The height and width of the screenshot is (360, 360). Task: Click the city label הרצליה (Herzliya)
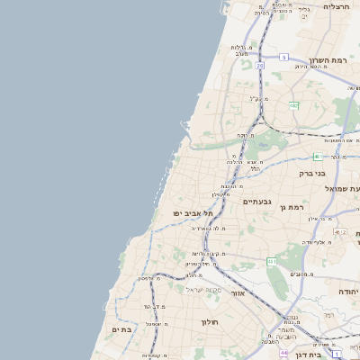tap(337, 6)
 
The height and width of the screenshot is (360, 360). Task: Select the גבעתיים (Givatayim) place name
tap(256, 202)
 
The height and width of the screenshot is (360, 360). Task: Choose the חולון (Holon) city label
tap(210, 321)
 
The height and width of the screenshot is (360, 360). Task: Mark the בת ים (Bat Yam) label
tap(121, 330)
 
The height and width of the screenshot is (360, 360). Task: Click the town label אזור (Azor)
tap(238, 293)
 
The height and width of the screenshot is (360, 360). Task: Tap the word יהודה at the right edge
tap(349, 292)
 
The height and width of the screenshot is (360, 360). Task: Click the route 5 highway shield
tap(283, 57)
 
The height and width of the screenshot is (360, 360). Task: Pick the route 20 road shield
tap(259, 66)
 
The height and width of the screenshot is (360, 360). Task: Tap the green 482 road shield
tap(293, 105)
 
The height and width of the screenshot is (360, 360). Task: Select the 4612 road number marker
tap(339, 232)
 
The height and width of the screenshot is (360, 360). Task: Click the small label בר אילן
tap(321, 218)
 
